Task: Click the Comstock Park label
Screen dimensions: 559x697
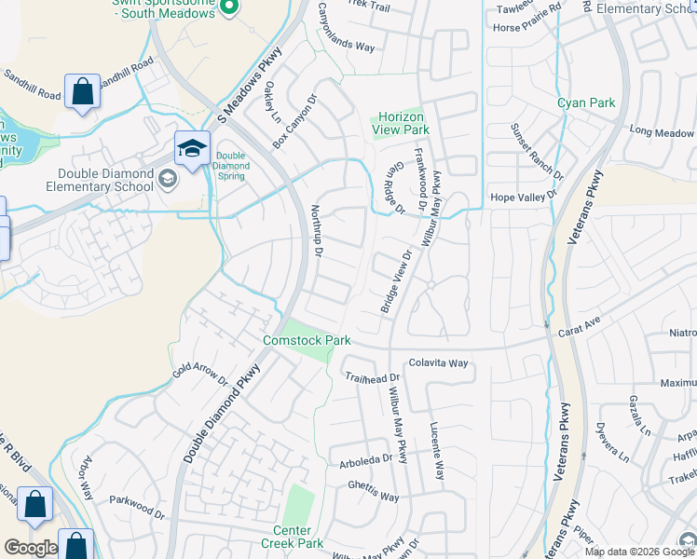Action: (x=307, y=340)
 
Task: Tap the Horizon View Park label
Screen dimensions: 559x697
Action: (x=401, y=124)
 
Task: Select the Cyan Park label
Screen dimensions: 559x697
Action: (x=586, y=102)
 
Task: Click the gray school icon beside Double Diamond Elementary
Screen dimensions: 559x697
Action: (x=168, y=178)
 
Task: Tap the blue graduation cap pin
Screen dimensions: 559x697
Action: (x=191, y=149)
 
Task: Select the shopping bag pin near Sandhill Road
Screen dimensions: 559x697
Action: (x=82, y=92)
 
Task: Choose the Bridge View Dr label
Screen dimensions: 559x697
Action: (x=395, y=281)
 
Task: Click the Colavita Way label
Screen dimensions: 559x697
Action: (x=438, y=362)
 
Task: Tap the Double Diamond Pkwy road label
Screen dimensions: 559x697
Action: (x=222, y=413)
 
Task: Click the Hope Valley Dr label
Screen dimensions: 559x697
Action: (x=523, y=198)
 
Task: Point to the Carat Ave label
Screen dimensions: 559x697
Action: (x=578, y=327)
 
